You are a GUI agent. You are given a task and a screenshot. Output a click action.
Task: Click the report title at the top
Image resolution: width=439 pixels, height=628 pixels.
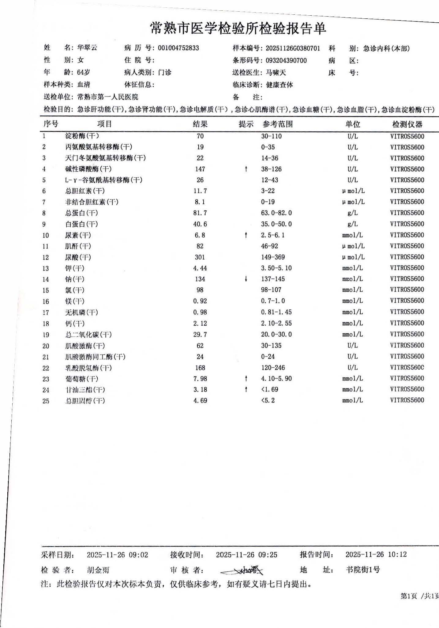[x=238, y=28]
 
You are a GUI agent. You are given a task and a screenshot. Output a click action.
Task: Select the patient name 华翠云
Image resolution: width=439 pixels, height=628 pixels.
[x=87, y=48]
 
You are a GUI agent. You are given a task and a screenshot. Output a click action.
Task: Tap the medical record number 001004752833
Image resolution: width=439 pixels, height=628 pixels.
[x=178, y=48]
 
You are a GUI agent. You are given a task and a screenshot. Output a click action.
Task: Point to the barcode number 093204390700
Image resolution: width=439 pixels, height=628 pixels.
[x=286, y=60]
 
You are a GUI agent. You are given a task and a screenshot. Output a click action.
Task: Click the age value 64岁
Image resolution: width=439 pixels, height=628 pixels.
[x=83, y=72]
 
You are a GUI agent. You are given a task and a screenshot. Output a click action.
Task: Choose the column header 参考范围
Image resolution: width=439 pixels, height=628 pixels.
[x=277, y=124]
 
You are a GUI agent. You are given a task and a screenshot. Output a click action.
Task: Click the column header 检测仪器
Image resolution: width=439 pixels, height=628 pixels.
[x=407, y=124]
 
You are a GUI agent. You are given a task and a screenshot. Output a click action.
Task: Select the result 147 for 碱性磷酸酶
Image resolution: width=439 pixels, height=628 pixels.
[x=200, y=169]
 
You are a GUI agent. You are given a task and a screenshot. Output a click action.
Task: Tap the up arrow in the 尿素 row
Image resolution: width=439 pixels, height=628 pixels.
[x=246, y=235]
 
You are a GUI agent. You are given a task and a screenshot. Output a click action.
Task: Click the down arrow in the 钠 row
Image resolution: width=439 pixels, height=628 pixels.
[x=246, y=279]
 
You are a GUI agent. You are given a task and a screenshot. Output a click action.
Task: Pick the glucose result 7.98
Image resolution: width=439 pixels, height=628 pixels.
[x=200, y=379]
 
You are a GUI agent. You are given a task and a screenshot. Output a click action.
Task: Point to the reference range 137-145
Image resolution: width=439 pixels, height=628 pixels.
[x=273, y=279]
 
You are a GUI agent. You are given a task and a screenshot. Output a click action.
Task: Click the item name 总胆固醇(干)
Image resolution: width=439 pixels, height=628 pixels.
[x=85, y=401]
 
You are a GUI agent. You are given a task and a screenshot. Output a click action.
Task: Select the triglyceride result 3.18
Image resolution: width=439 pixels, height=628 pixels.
[x=200, y=390]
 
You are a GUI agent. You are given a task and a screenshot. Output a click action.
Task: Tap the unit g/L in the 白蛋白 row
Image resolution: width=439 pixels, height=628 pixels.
[x=352, y=224]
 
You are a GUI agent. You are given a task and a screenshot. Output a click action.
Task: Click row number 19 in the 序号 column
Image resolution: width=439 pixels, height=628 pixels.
[x=46, y=335]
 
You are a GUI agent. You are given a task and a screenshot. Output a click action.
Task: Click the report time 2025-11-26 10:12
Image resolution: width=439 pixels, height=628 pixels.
[x=376, y=554]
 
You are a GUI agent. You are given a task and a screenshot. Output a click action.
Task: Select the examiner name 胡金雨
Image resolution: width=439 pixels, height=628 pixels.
[x=98, y=570]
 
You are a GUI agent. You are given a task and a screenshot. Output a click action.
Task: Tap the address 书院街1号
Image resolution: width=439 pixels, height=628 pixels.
[x=363, y=570]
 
